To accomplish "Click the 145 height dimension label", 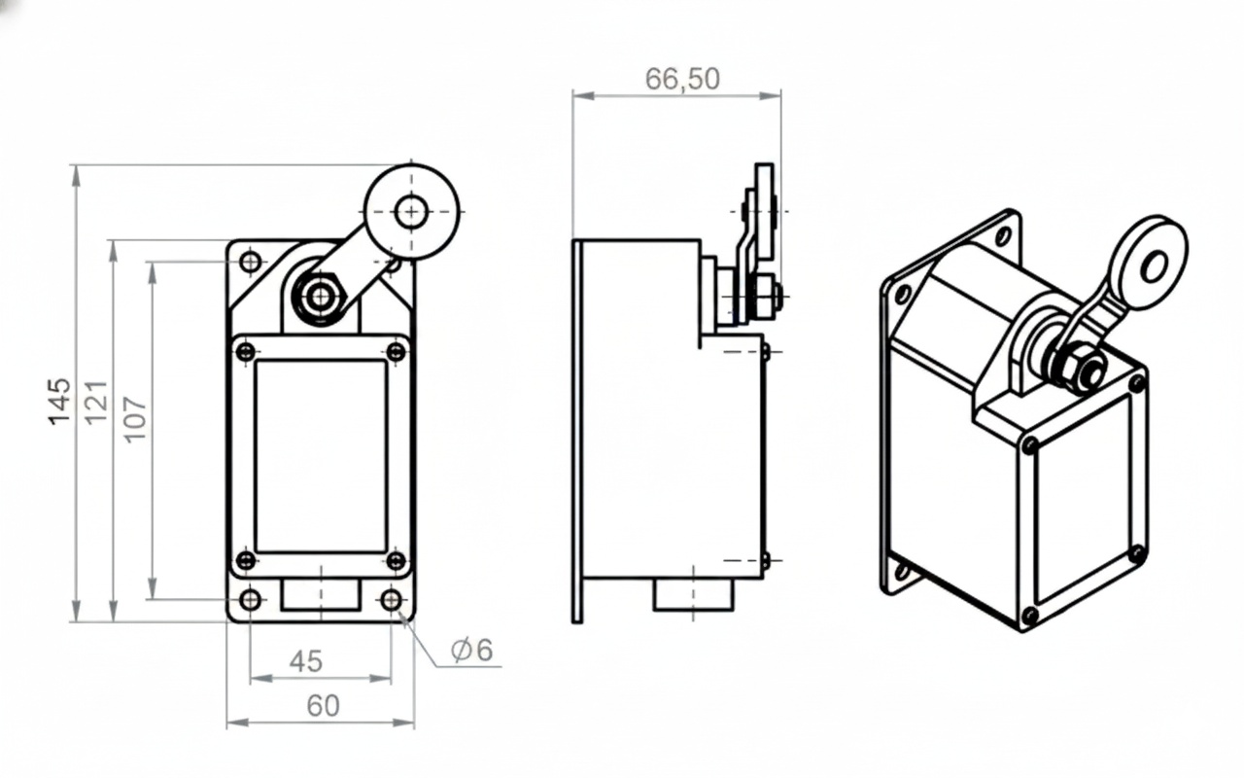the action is click(59, 402).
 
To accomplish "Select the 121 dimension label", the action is click(96, 402).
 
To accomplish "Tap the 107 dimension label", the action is click(135, 418).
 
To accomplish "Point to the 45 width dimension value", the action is click(305, 661).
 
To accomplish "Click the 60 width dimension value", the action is click(323, 706).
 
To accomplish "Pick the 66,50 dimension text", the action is click(682, 79).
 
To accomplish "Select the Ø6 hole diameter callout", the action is click(472, 650).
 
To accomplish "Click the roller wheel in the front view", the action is click(411, 211).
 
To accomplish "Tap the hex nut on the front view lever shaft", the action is click(320, 297).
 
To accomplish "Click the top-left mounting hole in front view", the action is click(251, 262).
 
